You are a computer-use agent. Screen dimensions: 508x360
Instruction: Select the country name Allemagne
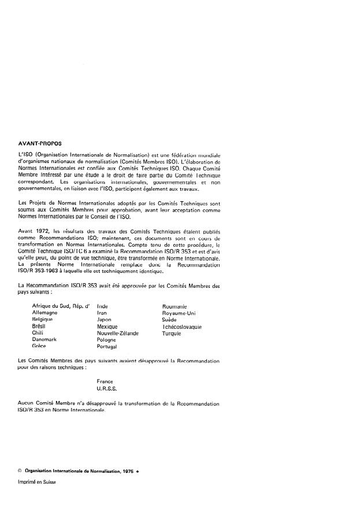click(x=46, y=312)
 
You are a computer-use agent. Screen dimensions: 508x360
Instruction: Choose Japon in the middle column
click(x=105, y=319)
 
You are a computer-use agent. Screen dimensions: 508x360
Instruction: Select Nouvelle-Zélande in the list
click(x=118, y=333)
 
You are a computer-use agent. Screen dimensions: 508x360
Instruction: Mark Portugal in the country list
click(x=107, y=347)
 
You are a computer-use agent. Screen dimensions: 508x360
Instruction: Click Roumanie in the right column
click(x=175, y=305)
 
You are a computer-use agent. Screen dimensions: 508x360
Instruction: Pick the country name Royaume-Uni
click(x=179, y=312)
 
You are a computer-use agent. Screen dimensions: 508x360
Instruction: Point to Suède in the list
click(x=169, y=319)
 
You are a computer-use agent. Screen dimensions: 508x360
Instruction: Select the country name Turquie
click(x=172, y=333)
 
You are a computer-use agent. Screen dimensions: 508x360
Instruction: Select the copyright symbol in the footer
click(x=20, y=471)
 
